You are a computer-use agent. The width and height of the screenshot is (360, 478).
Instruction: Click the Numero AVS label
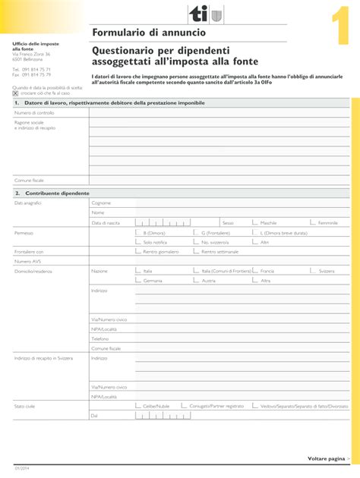coord(27,261)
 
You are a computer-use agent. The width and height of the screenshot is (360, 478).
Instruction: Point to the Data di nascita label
coord(106,223)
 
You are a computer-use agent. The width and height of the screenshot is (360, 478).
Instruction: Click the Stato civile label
coord(24,406)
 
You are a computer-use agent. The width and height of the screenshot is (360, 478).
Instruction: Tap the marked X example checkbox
coord(15,93)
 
